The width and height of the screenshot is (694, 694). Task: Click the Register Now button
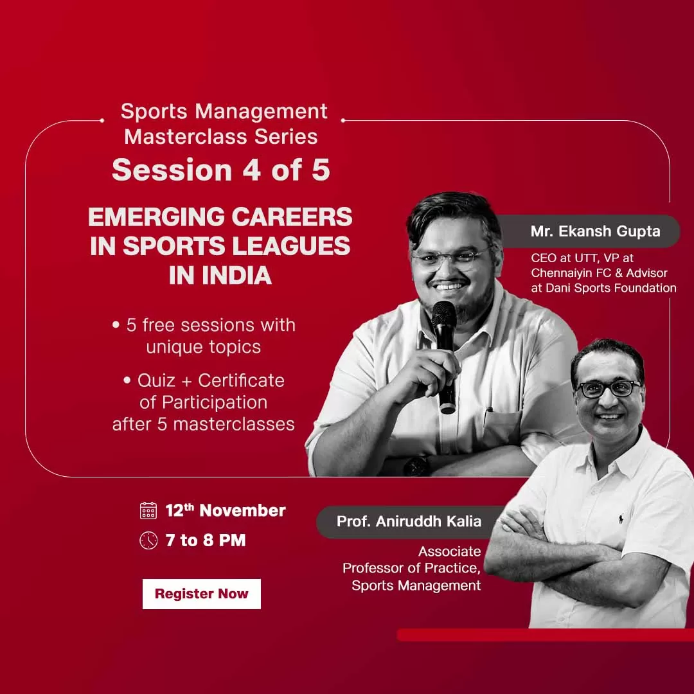point(201,594)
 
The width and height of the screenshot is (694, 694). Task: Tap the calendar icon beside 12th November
point(148,511)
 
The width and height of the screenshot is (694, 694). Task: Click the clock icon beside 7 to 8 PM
point(148,540)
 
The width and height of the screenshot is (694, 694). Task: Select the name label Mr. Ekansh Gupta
point(595,231)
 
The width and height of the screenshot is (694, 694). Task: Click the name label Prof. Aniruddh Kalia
point(409,520)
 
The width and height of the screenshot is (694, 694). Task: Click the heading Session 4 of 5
point(220,170)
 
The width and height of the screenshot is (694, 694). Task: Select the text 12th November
point(226,511)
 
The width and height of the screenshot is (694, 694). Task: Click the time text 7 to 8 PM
point(206,540)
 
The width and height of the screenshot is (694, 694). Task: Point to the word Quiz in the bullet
point(156,380)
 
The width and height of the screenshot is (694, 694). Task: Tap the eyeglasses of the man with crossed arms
point(607,389)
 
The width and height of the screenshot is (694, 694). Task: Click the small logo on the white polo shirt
point(621,518)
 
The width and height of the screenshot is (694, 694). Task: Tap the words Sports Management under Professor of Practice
point(416,585)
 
